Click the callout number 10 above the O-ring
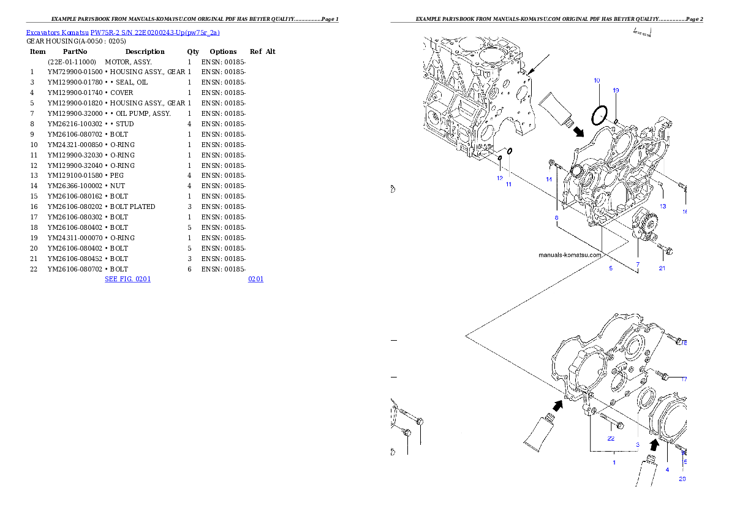597,80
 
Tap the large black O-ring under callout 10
599,115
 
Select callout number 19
616,90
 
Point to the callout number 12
500,178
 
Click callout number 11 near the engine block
508,184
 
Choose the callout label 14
549,179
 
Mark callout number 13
663,206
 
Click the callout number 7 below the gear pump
637,265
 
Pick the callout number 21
662,268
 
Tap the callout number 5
610,268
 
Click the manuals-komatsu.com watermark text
570,255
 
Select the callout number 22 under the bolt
611,438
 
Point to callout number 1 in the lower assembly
614,462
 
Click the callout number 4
667,469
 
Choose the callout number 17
684,379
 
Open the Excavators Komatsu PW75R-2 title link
123,32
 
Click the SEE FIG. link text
127,279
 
